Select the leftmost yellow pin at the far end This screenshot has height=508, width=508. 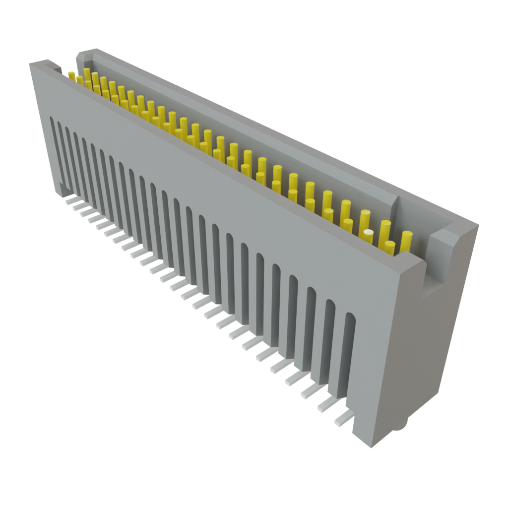pos(71,75)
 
